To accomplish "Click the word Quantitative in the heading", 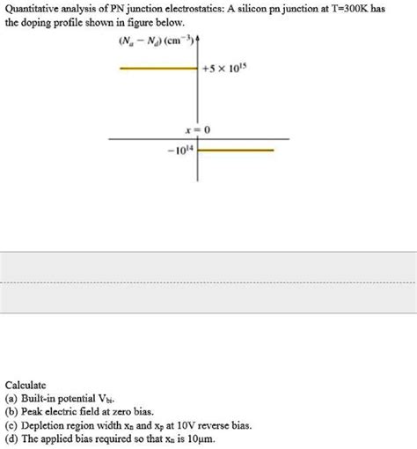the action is (33, 8).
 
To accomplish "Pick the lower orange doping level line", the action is (238, 151).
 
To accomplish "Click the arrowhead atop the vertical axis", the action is (198, 40).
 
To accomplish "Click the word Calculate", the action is (26, 386).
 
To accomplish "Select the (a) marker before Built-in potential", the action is (11, 399).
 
